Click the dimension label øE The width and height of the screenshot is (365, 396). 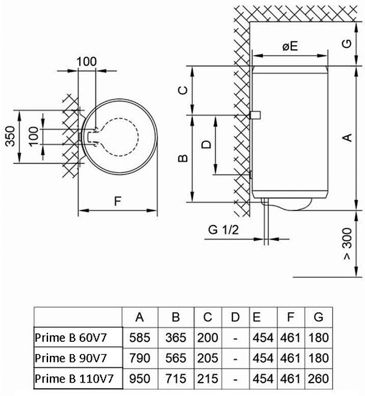[289, 46]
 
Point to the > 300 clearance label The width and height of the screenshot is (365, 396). [347, 247]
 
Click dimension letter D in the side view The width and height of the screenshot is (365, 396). [207, 144]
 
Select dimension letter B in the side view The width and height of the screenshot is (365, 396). [182, 159]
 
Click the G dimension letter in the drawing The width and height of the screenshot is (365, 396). [346, 44]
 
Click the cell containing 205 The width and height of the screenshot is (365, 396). [208, 357]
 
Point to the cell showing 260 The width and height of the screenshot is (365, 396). [319, 378]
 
